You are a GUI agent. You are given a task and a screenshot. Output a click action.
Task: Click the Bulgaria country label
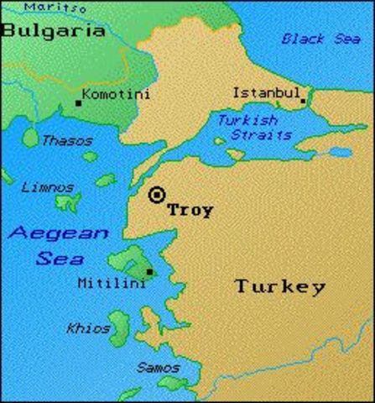coord(53,32)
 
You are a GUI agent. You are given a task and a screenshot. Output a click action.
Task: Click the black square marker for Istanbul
coord(303,101)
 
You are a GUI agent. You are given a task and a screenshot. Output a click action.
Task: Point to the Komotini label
coord(117,94)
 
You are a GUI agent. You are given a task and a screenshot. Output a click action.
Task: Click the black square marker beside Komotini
coord(78,102)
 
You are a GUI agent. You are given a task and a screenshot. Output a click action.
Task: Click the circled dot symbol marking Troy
coord(156,195)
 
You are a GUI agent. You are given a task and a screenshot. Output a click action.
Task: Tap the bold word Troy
coord(190,210)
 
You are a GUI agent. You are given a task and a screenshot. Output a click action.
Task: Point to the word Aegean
coord(59,233)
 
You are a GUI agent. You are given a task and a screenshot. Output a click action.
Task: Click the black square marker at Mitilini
coord(149,271)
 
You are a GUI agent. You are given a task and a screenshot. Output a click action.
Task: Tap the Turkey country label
coord(279,286)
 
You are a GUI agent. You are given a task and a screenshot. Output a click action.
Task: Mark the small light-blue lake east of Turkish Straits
coord(339,152)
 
